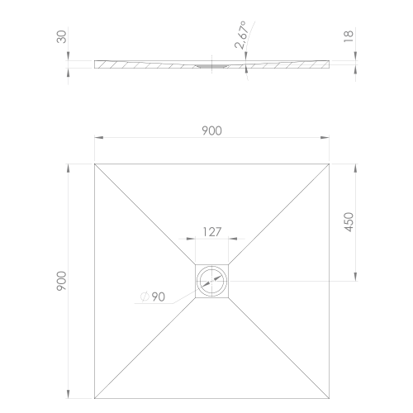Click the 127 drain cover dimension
click(213, 232)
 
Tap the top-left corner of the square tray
click(94, 164)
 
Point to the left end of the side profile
click(96, 64)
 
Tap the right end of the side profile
click(332, 64)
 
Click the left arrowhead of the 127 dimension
click(197, 240)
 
